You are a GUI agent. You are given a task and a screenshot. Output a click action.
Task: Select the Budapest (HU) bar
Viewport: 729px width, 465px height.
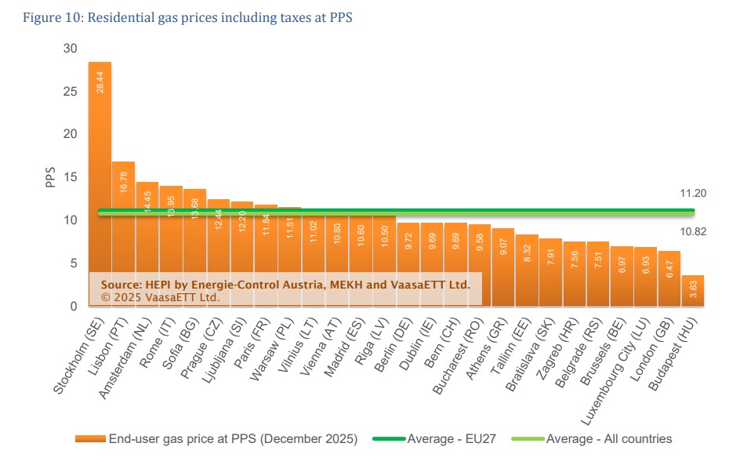(693, 291)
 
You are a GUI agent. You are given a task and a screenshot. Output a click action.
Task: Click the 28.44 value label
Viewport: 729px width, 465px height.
(100, 81)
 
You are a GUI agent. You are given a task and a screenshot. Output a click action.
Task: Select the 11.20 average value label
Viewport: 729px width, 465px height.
(694, 193)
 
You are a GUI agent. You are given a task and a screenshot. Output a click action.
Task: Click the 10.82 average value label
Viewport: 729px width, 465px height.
(694, 232)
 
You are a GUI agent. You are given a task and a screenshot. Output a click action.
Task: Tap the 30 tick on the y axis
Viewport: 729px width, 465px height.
(71, 49)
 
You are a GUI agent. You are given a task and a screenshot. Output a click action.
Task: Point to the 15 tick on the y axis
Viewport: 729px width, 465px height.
(71, 177)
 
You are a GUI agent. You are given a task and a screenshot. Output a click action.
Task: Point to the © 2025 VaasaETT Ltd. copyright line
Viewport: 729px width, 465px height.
(161, 298)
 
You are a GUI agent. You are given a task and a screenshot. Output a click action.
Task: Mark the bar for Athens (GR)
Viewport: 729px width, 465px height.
(502, 267)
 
